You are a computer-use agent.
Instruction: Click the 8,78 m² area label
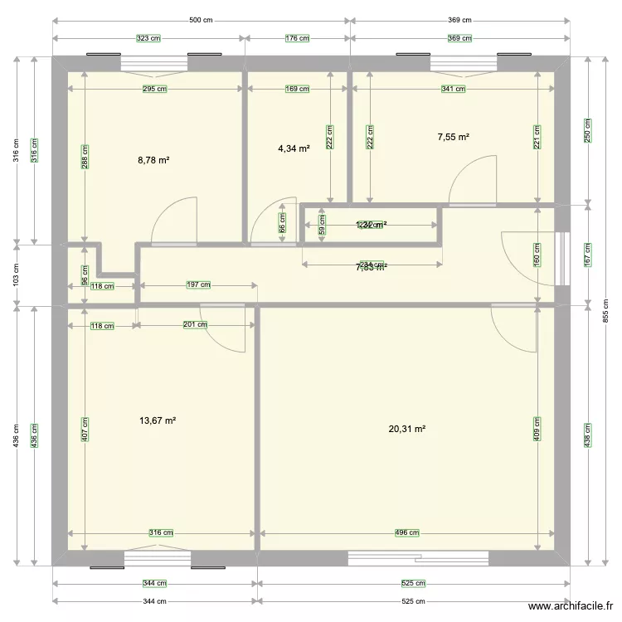[x=153, y=159]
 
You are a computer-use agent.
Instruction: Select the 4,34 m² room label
[x=294, y=148]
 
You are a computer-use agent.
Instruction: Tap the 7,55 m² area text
[x=454, y=137]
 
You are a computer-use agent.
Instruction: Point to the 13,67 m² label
[x=158, y=420]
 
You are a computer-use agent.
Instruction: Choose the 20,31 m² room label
[x=407, y=429]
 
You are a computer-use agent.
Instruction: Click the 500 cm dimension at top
[x=201, y=21]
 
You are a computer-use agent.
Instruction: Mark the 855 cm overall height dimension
[x=605, y=311]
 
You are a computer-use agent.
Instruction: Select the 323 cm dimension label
[x=148, y=38]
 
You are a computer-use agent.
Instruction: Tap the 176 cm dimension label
[x=298, y=38]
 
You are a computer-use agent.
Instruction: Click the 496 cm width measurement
[x=407, y=533]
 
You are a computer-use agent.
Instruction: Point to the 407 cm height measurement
[x=85, y=429]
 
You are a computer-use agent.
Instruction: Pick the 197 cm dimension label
[x=198, y=285]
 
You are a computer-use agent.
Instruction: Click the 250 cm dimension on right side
[x=587, y=130]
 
